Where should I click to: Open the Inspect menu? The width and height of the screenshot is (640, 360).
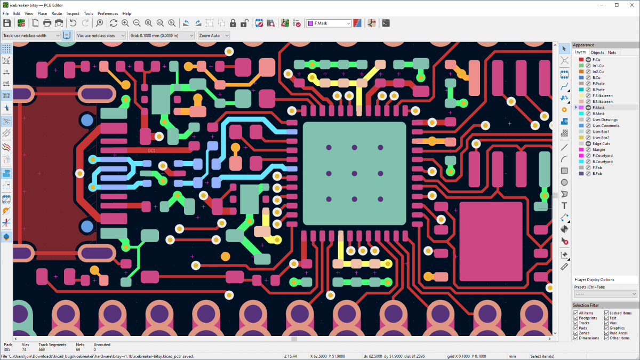point(73,13)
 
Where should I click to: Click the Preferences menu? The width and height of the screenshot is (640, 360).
point(108,13)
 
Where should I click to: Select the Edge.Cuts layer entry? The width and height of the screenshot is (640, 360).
point(602,143)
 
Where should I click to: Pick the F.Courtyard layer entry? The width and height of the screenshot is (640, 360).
point(602,156)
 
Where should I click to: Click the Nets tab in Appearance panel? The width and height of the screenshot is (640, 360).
point(612,52)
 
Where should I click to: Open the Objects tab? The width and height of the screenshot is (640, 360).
point(597,52)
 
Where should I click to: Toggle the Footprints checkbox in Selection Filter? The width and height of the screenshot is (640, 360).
point(575,318)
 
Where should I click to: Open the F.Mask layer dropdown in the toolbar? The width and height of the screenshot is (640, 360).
point(329,23)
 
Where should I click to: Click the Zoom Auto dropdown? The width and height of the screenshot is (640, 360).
point(213,36)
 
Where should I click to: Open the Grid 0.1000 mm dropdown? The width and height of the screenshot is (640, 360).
point(162,36)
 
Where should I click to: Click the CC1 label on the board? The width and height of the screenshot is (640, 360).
point(151,151)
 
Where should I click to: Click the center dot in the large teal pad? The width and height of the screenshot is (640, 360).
point(355,173)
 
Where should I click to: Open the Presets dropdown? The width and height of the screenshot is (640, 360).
point(605,294)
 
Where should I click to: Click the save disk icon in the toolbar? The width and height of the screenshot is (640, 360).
point(7,23)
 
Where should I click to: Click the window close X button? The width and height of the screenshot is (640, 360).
point(630,5)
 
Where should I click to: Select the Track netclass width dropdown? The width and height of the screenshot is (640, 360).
point(31,36)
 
